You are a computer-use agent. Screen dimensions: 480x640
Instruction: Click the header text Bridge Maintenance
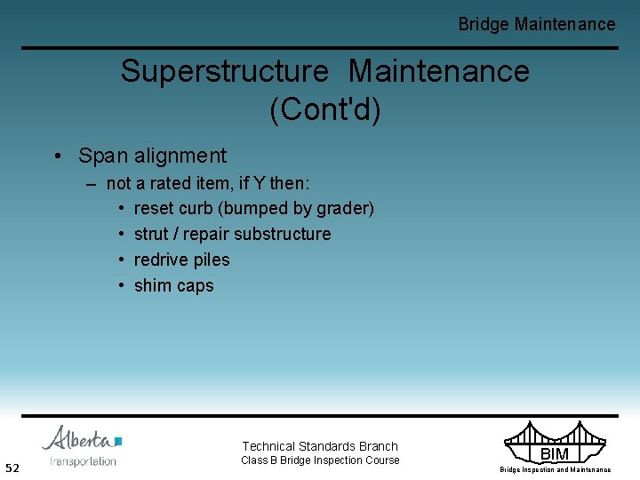(536, 24)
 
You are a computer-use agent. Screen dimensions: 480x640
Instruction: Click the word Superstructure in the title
(224, 71)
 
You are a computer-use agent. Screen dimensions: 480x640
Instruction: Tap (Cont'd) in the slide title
(324, 109)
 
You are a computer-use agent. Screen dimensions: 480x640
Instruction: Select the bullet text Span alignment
(152, 156)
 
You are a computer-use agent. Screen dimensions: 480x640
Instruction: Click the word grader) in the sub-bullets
(345, 208)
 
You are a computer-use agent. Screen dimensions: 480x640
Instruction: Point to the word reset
(152, 208)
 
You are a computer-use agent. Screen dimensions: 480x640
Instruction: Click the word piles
(211, 260)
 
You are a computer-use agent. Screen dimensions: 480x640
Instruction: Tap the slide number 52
(12, 468)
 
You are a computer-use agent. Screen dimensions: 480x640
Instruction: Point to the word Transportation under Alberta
(83, 461)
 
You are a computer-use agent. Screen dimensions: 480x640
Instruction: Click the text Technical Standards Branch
(320, 446)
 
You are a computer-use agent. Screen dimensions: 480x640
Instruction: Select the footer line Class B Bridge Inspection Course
(320, 460)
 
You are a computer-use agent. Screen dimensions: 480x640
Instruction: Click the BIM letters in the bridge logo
(554, 454)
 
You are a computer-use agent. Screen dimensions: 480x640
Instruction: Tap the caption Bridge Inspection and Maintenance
(555, 469)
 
